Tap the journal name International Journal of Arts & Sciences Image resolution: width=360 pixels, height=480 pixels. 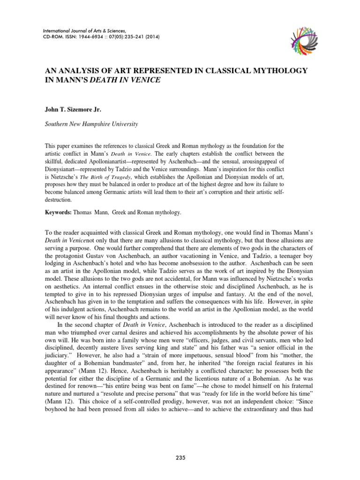pos(84,29)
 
